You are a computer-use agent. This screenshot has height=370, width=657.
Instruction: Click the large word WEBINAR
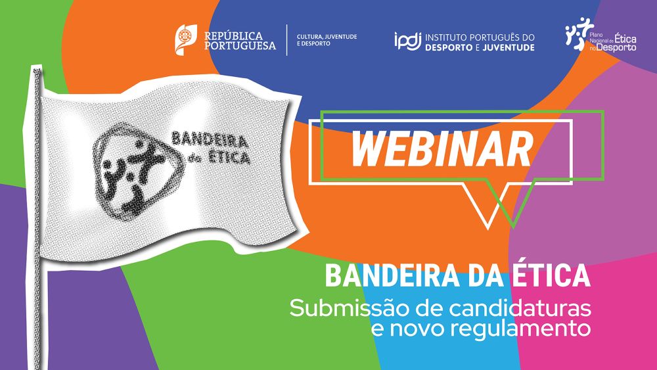pos(442,149)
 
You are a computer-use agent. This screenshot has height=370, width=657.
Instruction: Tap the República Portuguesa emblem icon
pos(186,39)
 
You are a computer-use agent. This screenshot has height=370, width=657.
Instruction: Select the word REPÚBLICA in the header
pos(233,36)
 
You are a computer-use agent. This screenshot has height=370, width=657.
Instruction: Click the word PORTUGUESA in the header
pos(240,45)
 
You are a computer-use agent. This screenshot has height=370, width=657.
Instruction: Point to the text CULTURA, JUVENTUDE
pos(327,37)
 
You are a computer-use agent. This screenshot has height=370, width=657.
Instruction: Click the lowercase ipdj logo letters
pos(407,41)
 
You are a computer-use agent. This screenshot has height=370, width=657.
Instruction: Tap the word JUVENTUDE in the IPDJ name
pos(509,48)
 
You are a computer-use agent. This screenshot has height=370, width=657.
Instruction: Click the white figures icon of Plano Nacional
pos(577,34)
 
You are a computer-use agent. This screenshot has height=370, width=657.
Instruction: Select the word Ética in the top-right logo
pos(625,39)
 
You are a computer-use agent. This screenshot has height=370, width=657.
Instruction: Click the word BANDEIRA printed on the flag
pos(210,140)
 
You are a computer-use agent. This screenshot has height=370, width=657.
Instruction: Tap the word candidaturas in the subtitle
pos(520,308)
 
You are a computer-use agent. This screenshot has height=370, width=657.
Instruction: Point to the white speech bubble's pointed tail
pos(487,227)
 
